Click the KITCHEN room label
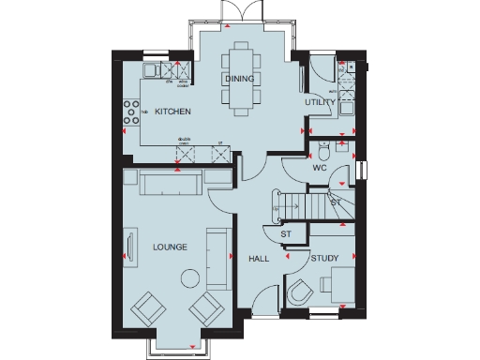[x=173, y=112]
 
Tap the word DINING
[x=238, y=80]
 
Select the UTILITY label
[x=320, y=101]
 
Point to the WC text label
[x=319, y=170]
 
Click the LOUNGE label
[x=170, y=247]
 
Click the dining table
[x=238, y=79]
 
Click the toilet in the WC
[x=323, y=152]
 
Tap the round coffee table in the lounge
[x=191, y=277]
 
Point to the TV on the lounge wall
[x=124, y=247]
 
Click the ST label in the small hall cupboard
[x=288, y=232]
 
